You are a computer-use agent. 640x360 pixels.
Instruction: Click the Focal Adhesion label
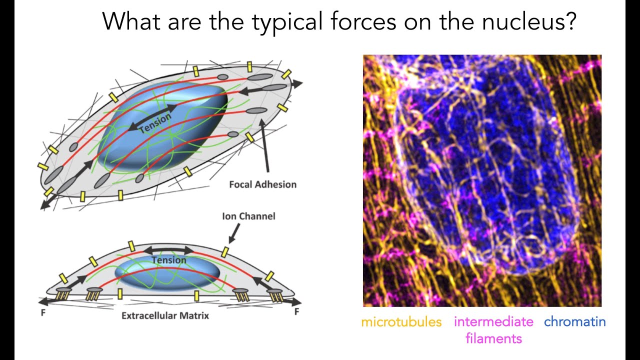(262, 184)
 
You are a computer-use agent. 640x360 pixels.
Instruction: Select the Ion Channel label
(248, 216)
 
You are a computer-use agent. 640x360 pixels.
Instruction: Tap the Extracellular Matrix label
(165, 315)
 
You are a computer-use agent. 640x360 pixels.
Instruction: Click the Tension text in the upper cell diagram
(155, 123)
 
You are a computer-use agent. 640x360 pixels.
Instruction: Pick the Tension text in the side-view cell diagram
(169, 260)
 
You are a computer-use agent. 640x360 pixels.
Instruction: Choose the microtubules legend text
(401, 321)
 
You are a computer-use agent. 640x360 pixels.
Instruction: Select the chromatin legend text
(574, 321)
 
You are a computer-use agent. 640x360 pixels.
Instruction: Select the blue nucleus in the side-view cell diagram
(167, 274)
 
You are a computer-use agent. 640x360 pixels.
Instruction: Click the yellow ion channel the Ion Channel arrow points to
(225, 250)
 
